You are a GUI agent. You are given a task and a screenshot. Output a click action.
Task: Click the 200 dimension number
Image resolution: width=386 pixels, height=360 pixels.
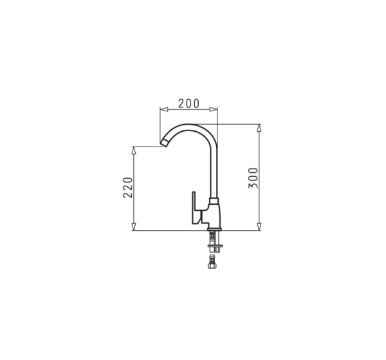coord(188,104)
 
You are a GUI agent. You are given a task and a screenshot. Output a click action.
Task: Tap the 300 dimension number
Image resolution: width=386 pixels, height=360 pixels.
coord(253,178)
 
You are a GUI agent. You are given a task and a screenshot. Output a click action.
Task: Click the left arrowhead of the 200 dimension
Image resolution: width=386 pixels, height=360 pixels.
coord(163,109)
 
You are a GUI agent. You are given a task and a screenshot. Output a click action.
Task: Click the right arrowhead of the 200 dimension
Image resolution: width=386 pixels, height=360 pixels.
coord(214,109)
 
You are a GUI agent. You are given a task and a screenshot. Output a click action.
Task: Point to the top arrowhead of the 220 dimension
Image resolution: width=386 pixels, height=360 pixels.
coord(134,150)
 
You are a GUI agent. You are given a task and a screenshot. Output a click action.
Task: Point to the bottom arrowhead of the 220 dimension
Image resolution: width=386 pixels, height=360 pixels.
coord(134,227)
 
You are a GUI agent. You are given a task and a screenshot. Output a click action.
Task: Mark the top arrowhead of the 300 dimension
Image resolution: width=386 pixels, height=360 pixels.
coord(259,128)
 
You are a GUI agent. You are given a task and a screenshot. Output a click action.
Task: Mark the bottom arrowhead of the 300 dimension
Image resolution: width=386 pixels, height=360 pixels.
coord(259,227)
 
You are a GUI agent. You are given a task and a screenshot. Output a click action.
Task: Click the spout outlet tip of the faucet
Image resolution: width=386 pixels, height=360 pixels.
coord(164,143)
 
